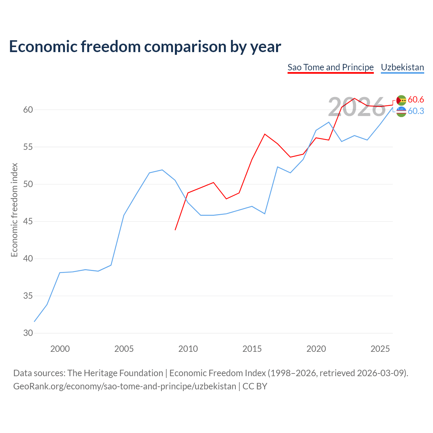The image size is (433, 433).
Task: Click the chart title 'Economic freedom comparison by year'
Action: pyautogui.click(x=145, y=47)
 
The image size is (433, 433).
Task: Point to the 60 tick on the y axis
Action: pyautogui.click(x=28, y=110)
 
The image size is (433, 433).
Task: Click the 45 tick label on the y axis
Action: pyautogui.click(x=28, y=221)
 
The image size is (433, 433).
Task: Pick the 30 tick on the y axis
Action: pyautogui.click(x=28, y=333)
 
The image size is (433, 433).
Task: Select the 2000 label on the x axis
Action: pyautogui.click(x=60, y=349)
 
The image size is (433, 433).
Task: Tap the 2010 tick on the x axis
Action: pyautogui.click(x=188, y=349)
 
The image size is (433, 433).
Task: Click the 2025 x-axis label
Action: pyautogui.click(x=380, y=349)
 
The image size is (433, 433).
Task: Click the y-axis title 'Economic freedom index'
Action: pyautogui.click(x=14, y=210)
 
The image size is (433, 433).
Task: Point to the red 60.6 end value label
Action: pyautogui.click(x=416, y=99)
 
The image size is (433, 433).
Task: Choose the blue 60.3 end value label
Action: pyautogui.click(x=416, y=111)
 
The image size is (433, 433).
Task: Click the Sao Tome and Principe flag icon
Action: pyautogui.click(x=401, y=100)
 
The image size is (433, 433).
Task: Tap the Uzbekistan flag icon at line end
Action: pyautogui.click(x=401, y=112)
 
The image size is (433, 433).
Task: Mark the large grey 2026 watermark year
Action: pyautogui.click(x=357, y=107)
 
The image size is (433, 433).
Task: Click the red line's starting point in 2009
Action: pyautogui.click(x=175, y=230)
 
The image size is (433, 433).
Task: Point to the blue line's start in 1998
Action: pyautogui.click(x=34, y=322)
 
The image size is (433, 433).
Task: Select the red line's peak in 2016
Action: pyautogui.click(x=265, y=134)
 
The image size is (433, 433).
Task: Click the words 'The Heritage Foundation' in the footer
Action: pyautogui.click(x=115, y=373)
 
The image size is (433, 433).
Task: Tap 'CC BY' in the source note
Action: pyautogui.click(x=255, y=387)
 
